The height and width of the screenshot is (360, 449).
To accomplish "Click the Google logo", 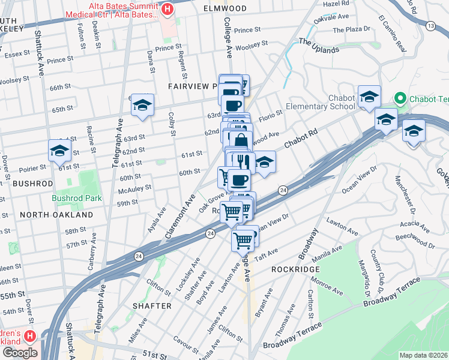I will click(x=19, y=353).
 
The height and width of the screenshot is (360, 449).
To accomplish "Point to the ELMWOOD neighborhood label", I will click(x=225, y=8).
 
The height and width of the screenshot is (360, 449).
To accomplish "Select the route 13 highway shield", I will click(x=430, y=26).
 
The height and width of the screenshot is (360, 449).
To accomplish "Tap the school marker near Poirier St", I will click(x=59, y=151).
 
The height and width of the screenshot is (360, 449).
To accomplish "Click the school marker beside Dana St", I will click(x=142, y=105).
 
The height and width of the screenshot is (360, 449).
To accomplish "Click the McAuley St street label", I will click(x=134, y=188).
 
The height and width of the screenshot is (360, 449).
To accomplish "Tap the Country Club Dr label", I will click(x=373, y=267).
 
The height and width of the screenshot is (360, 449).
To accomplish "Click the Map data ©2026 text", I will click(x=423, y=355).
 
